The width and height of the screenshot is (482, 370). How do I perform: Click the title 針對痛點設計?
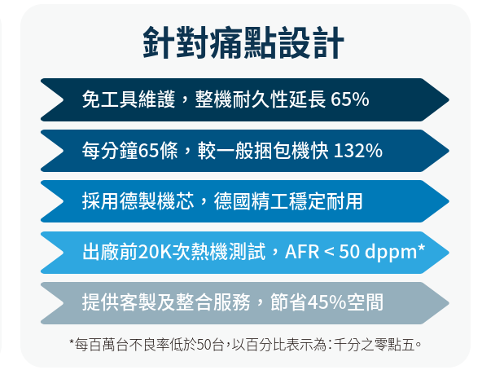[x=243, y=42]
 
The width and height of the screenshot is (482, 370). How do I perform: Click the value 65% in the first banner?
[x=350, y=99]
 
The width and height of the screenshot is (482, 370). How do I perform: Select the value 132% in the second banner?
[x=357, y=151]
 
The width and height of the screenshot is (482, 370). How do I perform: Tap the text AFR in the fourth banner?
[x=302, y=252]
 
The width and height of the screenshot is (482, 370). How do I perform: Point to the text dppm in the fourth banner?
[x=390, y=253]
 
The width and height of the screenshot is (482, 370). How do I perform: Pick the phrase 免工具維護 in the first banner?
[x=128, y=99]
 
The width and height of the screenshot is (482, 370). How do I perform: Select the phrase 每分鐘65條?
[x=129, y=151]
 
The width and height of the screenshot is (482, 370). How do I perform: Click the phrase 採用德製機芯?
[x=138, y=201]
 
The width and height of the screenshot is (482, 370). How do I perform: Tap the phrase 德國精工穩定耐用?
[x=288, y=201]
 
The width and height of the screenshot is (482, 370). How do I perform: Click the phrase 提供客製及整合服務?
[x=166, y=302]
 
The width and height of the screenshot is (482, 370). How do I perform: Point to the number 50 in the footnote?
[x=204, y=345]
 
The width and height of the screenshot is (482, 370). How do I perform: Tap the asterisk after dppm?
[x=421, y=248]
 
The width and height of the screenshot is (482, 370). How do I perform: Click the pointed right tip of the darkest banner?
[x=449, y=99]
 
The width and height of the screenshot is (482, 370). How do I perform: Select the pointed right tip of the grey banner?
[x=449, y=303]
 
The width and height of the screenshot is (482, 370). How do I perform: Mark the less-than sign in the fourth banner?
[x=329, y=253]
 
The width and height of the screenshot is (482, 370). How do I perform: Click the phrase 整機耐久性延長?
[x=261, y=99]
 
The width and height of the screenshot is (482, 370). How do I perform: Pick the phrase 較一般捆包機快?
[x=263, y=151]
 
